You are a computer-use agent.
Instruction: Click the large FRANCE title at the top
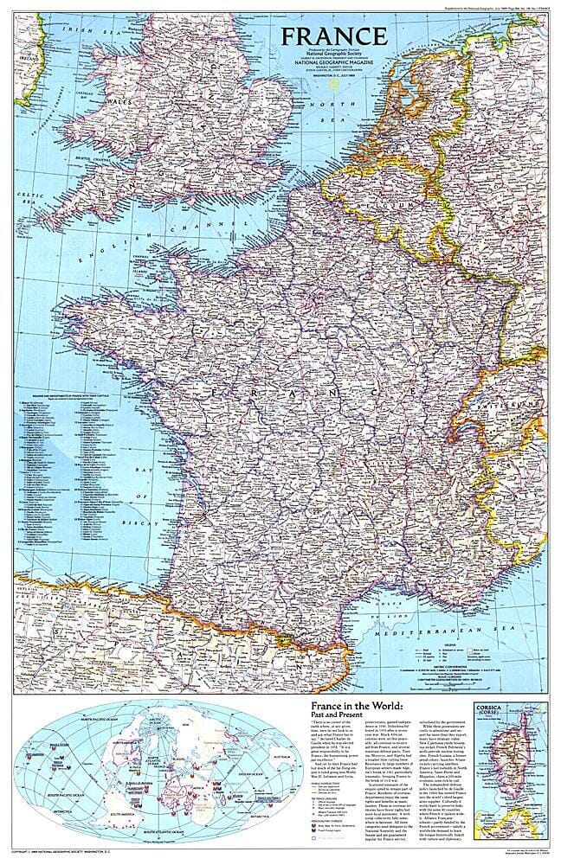click(332, 37)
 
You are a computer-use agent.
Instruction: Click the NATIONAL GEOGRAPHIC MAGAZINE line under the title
click(333, 64)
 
